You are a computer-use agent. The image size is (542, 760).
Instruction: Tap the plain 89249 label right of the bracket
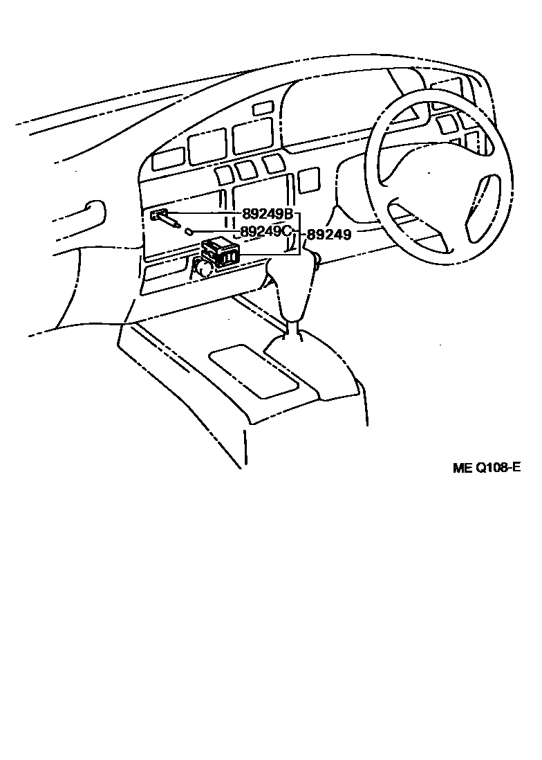pos(329,235)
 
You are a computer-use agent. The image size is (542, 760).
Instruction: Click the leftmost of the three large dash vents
pos(168,159)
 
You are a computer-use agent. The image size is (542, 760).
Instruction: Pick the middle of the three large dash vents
pos(208,147)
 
